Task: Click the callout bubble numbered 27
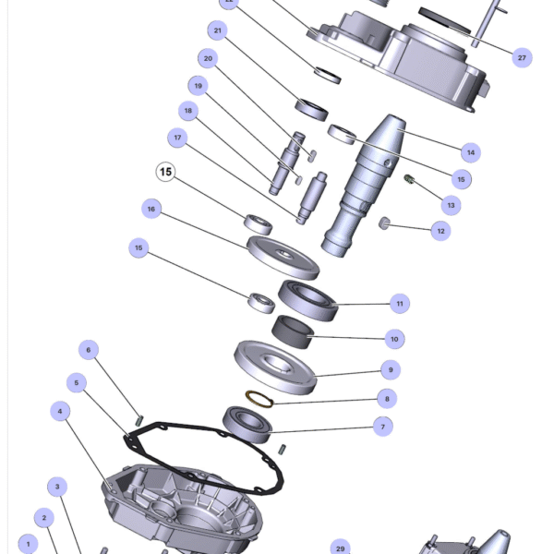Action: click(x=522, y=57)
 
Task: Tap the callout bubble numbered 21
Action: click(x=218, y=30)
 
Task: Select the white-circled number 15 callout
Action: click(x=165, y=172)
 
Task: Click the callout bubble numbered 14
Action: click(x=471, y=152)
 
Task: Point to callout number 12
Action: click(x=441, y=231)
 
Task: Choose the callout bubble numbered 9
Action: click(x=391, y=370)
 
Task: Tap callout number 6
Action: click(x=89, y=350)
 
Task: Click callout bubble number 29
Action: click(x=340, y=548)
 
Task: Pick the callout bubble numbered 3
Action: click(x=57, y=487)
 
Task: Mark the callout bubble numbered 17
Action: click(x=177, y=138)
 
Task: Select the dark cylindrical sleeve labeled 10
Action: click(x=293, y=332)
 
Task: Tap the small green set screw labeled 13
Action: click(x=409, y=179)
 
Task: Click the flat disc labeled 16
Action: click(x=283, y=258)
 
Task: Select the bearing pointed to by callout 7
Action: click(x=247, y=425)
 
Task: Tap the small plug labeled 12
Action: click(x=384, y=223)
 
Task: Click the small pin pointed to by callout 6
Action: click(x=139, y=420)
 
